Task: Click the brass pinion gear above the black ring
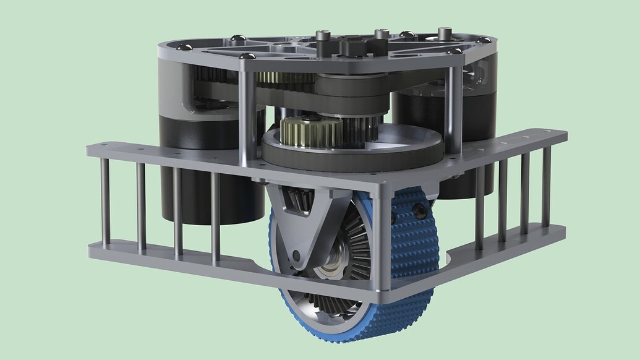[310, 131]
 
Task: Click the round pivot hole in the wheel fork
[297, 255]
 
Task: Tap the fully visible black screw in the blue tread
[420, 212]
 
